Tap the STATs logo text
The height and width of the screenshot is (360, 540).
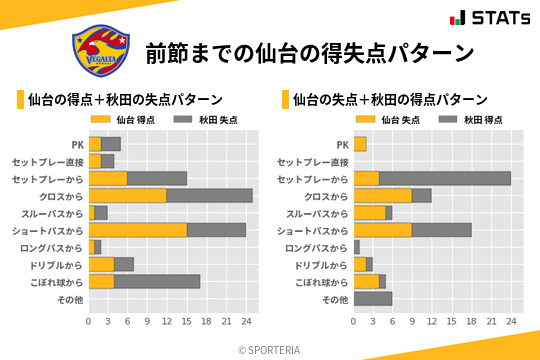496,18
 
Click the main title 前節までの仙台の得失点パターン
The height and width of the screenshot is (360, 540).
308,52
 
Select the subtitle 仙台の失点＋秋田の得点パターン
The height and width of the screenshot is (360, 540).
390,100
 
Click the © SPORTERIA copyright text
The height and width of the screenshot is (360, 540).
270,350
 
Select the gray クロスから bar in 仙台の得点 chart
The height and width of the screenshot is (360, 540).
210,195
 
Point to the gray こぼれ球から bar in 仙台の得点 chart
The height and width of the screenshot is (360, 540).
158,281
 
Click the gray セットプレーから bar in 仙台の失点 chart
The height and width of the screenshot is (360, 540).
445,178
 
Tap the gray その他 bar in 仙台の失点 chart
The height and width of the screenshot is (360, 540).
373,298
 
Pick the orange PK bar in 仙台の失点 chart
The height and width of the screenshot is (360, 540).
360,144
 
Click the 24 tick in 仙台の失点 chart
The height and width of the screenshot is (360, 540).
511,322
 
